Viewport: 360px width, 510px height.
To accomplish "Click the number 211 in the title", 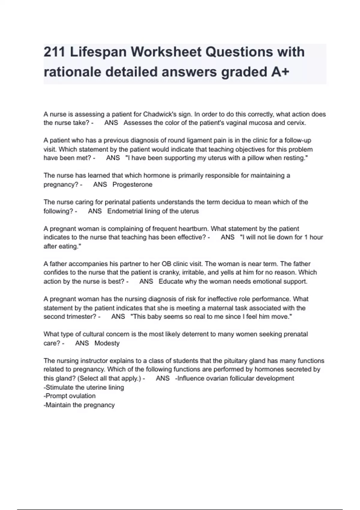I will (54, 52).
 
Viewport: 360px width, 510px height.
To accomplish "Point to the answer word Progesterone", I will (132, 184).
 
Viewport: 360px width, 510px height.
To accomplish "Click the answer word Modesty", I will (107, 343).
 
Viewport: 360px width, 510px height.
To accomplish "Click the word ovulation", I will (82, 396).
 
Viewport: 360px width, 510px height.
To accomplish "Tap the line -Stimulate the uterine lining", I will (84, 387).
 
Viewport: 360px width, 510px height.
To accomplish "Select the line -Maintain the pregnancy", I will (79, 405).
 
